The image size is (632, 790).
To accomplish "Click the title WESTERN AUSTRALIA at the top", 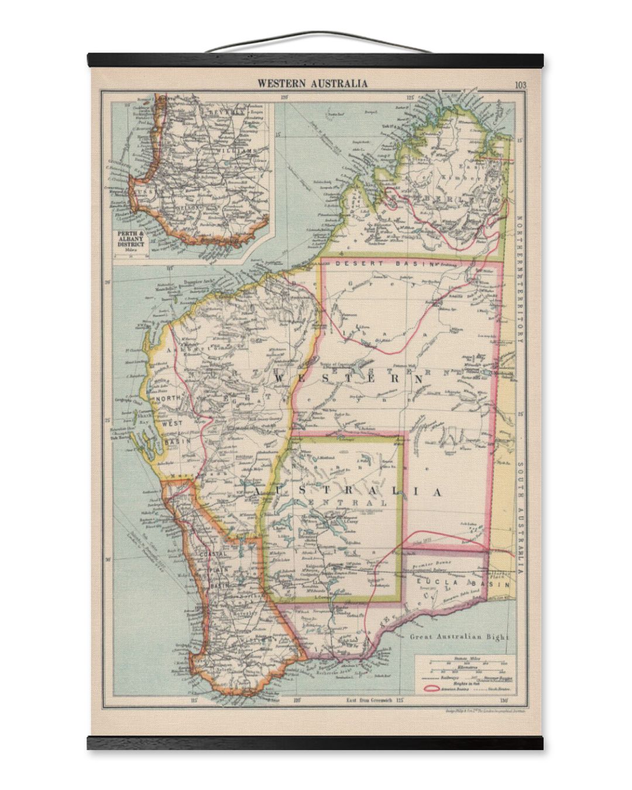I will pos(313,83).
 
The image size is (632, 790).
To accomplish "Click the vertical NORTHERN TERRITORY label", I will pos(520,275).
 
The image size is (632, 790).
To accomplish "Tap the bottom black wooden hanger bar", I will pos(315,743).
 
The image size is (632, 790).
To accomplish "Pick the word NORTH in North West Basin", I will pos(166,399).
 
